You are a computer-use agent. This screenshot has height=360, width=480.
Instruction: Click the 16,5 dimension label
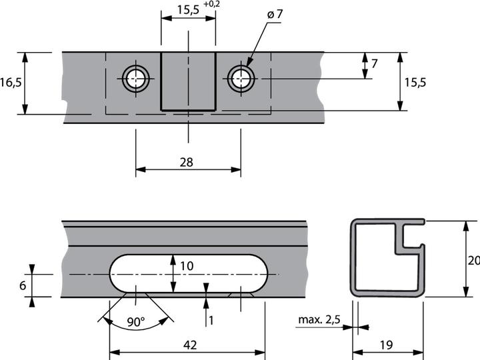tap(11, 83)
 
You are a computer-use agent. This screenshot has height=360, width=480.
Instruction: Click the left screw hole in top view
tap(136, 79)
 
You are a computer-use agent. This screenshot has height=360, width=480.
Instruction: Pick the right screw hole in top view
tap(240, 79)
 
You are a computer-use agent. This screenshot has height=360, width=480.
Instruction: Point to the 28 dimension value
tap(187, 163)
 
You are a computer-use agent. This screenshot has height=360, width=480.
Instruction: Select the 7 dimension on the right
tap(375, 64)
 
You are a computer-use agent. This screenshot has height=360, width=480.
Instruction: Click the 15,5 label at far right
tap(415, 82)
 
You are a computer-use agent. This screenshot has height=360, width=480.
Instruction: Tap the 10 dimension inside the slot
tap(186, 266)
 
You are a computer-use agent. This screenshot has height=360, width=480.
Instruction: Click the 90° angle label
tap(137, 322)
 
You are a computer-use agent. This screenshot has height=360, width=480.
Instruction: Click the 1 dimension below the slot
tap(211, 320)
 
